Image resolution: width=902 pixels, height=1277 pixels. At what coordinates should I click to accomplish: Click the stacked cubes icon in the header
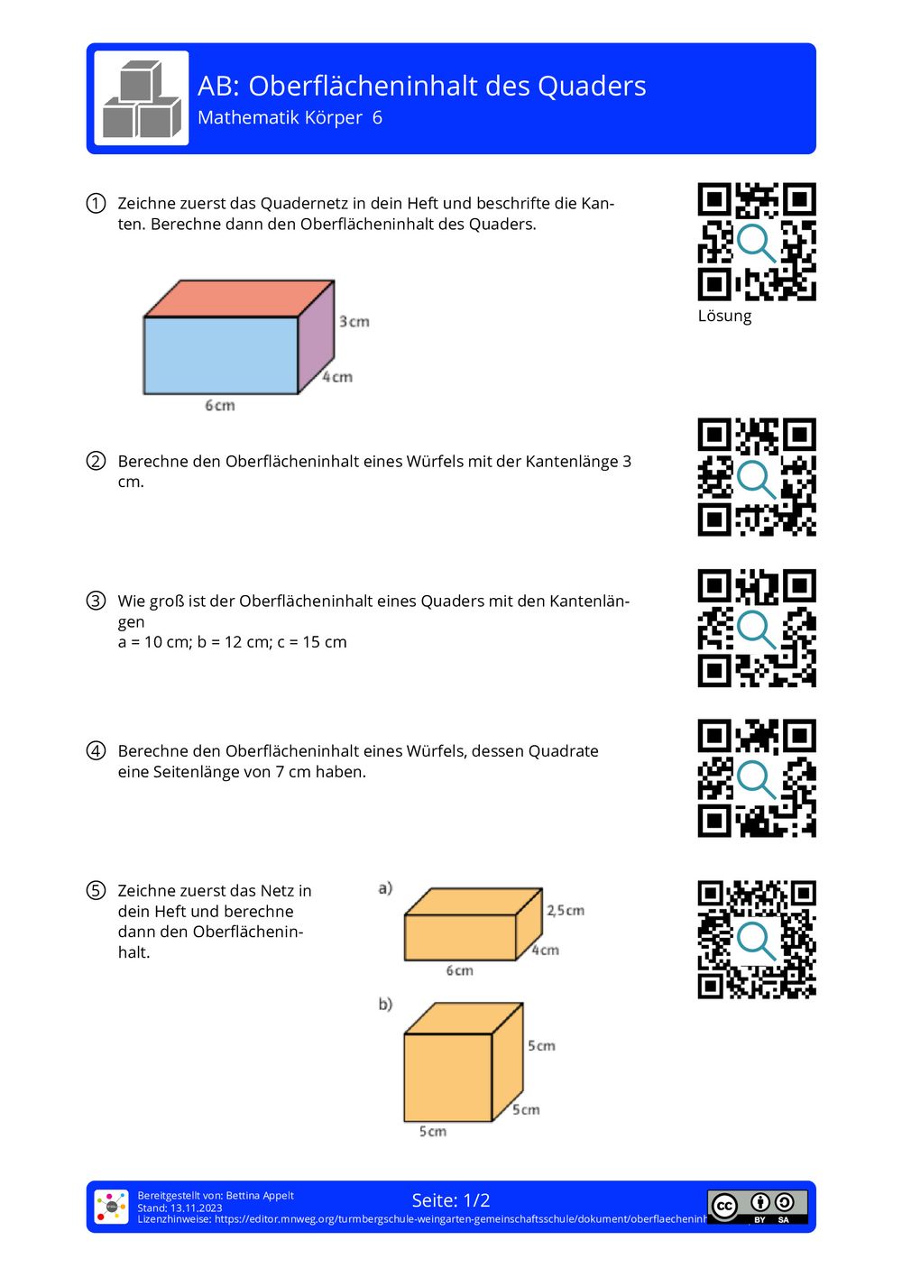[142, 98]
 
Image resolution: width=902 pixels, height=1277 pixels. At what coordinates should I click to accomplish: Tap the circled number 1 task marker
[96, 203]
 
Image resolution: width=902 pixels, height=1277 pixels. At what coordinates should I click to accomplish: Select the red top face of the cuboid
[239, 299]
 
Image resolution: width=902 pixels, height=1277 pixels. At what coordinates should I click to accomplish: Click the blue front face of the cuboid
[221, 355]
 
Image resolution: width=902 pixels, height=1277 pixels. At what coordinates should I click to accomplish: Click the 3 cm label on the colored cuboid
[354, 322]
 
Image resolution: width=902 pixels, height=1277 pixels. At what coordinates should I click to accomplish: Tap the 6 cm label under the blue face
[219, 406]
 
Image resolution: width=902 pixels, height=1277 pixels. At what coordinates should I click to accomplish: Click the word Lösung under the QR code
[724, 316]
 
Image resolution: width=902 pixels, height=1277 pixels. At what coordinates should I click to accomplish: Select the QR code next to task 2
[756, 477]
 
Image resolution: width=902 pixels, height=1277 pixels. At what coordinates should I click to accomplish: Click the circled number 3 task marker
[96, 601]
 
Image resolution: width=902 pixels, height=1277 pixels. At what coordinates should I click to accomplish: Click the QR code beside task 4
[756, 778]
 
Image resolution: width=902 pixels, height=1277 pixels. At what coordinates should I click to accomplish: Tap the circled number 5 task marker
[96, 891]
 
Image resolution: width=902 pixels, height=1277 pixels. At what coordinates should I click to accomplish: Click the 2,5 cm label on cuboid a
[566, 911]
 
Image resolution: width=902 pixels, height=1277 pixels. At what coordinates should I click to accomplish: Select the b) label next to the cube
[385, 1005]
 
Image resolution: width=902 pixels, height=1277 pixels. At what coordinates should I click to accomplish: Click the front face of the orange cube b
[447, 1077]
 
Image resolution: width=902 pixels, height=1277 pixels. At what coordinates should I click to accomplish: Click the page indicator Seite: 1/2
[451, 1200]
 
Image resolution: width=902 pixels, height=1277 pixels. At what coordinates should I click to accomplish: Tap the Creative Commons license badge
[757, 1206]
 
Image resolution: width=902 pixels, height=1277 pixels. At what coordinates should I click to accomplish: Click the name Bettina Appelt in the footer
[260, 1196]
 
